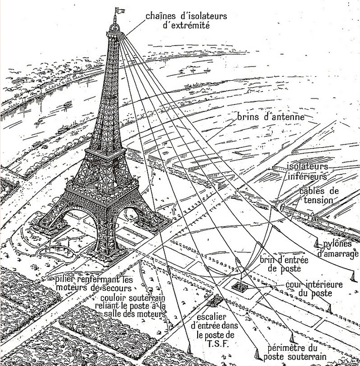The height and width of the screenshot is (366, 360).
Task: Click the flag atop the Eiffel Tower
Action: pos(119,11)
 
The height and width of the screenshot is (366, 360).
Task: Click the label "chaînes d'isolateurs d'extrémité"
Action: pos(186,21)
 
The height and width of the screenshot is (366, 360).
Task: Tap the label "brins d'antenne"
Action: pos(271,117)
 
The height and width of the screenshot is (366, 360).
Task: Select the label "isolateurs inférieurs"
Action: pos(307,171)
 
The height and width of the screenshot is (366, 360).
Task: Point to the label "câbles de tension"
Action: pos(319,195)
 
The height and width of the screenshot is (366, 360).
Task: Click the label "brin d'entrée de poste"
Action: pos(284,264)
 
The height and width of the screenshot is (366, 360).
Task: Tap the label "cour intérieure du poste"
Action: pos(314,289)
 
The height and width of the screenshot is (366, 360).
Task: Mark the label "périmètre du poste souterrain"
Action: pos(295,353)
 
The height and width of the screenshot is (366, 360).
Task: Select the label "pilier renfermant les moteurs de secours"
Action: pos(94,283)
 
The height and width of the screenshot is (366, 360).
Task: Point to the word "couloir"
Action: pos(113,298)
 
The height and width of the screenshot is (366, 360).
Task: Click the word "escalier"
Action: pos(211,317)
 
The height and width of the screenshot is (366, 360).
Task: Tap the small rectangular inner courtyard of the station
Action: pos(239,286)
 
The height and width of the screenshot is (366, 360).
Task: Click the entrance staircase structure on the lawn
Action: pos(214,300)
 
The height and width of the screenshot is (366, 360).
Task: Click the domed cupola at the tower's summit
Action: pos(114,27)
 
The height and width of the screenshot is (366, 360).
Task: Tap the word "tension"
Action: pos(319,200)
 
